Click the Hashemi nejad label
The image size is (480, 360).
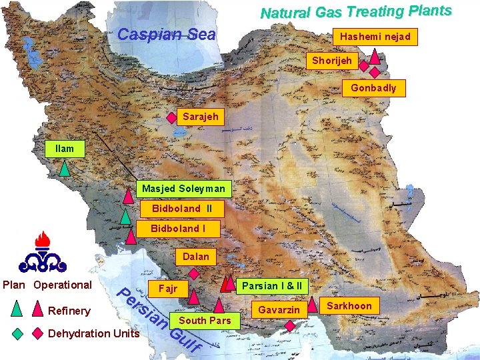click(x=375, y=36)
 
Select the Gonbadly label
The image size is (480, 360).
click(x=373, y=88)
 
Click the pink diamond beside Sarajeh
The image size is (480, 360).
click(x=171, y=118)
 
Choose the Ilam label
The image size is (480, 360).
click(x=65, y=149)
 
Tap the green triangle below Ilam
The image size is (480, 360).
click(x=65, y=168)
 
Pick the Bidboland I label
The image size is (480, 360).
click(x=178, y=229)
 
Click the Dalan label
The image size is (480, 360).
click(x=195, y=256)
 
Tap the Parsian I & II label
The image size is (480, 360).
click(x=271, y=285)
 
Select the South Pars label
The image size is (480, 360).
click(x=205, y=320)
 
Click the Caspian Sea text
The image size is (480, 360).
click(x=166, y=34)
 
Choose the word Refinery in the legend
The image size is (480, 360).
click(x=69, y=311)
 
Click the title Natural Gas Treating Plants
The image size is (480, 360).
click(x=356, y=11)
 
